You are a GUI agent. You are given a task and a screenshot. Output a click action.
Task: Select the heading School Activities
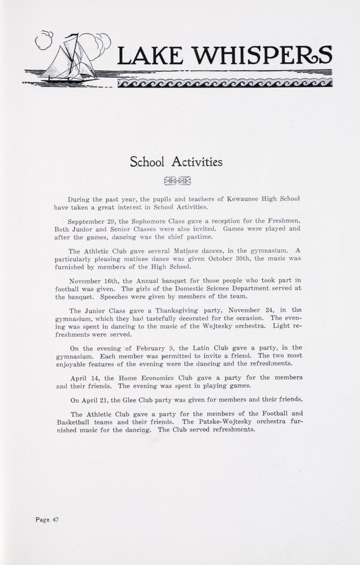[x=176, y=162]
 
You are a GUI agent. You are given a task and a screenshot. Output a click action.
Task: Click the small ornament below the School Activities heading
[x=177, y=181]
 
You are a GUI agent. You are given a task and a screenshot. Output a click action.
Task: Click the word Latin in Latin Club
[x=202, y=348]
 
